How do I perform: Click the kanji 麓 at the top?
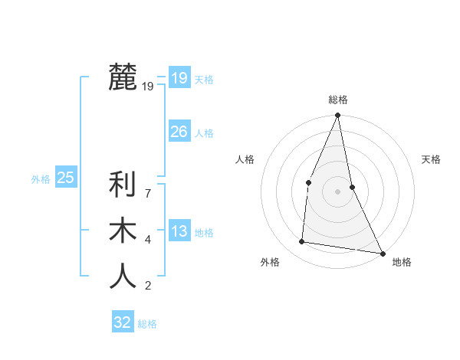click(x=123, y=77)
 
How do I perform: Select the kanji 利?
click(x=123, y=185)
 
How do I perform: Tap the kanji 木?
click(x=123, y=231)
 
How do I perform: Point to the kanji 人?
click(x=123, y=277)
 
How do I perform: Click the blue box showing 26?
click(x=179, y=132)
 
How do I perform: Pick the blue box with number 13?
click(x=179, y=231)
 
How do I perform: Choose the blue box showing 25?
click(x=65, y=178)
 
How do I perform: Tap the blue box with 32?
click(x=123, y=322)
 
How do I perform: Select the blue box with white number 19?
click(x=179, y=78)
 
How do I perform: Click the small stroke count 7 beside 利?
click(x=148, y=195)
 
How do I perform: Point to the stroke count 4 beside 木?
click(x=148, y=241)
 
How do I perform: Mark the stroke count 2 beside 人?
click(x=148, y=286)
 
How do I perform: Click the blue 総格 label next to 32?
click(x=147, y=324)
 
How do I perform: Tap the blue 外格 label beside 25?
click(x=41, y=179)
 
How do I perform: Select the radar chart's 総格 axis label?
click(x=338, y=100)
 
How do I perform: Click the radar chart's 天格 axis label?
click(x=432, y=159)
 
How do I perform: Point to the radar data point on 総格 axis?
click(x=337, y=116)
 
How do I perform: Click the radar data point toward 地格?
click(x=382, y=253)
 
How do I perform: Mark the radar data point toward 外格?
click(x=302, y=242)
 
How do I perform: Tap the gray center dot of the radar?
click(x=337, y=191)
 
